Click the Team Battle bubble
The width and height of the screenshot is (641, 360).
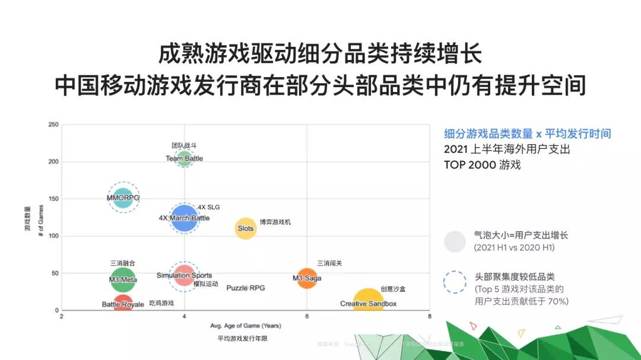click(x=184, y=158)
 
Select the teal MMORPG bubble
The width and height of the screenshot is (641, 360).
click(x=123, y=197)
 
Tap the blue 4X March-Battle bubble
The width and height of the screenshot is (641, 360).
click(x=184, y=218)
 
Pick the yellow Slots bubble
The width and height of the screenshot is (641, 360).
click(x=246, y=228)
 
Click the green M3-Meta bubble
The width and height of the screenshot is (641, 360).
click(x=123, y=279)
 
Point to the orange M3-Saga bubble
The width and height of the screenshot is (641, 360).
click(x=307, y=278)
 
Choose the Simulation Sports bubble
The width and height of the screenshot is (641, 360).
click(x=184, y=275)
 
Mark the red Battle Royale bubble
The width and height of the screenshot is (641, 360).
click(x=123, y=304)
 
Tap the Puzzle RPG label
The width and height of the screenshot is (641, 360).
click(x=246, y=288)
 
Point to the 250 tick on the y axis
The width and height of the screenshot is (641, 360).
click(x=54, y=125)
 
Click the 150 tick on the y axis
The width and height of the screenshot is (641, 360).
click(x=54, y=199)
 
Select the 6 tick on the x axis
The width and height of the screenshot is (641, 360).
click(x=307, y=316)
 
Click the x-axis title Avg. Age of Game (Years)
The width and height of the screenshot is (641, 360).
click(x=246, y=326)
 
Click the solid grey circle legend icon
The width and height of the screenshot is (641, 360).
click(x=455, y=241)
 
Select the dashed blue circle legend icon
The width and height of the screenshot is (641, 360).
click(x=455, y=283)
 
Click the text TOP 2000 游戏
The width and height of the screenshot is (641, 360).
click(x=482, y=165)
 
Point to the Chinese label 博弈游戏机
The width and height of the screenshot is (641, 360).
click(x=275, y=222)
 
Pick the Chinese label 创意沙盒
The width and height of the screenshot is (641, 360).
click(x=393, y=289)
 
